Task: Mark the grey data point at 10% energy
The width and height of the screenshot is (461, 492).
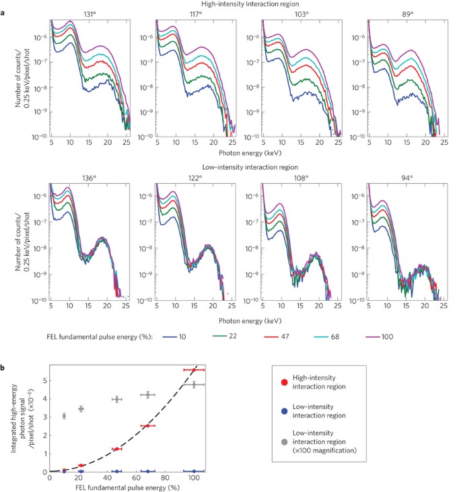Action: coord(64,416)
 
